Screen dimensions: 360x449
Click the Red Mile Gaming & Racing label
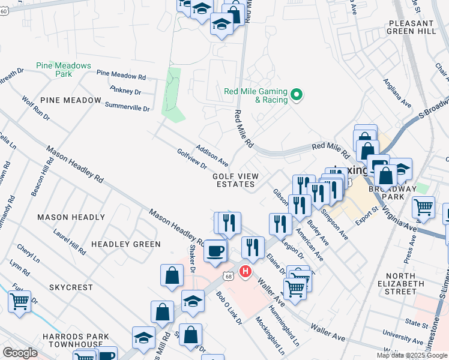255,95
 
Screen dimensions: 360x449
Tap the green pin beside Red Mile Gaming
296,95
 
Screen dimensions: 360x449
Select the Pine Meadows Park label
63,70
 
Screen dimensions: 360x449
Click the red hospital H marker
245,272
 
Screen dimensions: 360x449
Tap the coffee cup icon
215,251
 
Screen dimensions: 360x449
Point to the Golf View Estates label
235,180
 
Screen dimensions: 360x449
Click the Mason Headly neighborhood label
71,217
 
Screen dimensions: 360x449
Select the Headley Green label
126,244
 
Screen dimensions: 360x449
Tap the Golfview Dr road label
191,158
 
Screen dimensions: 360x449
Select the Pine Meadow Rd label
121,76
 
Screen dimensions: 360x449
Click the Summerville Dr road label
127,107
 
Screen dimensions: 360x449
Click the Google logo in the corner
20,353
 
